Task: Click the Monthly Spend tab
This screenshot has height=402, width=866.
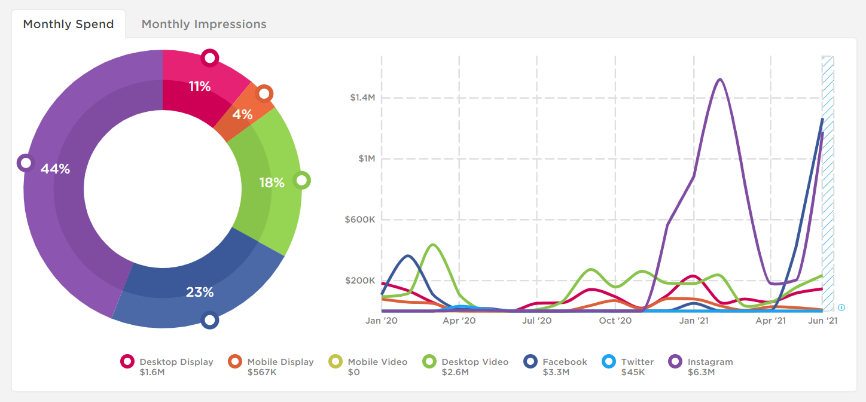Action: pos(68,25)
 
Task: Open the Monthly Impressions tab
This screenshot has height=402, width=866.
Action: pos(204,25)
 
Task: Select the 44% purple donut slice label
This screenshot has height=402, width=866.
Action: pos(55,169)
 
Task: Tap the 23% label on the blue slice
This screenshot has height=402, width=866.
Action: pos(200,292)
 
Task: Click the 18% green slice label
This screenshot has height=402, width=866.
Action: pos(272,183)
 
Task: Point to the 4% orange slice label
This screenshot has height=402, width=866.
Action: pos(242,114)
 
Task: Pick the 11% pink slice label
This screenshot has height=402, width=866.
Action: pos(200,87)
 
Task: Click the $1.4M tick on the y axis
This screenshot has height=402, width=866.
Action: pos(362,98)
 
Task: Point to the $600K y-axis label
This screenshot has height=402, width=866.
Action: pos(360,220)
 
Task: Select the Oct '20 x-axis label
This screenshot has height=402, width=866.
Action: pos(615,321)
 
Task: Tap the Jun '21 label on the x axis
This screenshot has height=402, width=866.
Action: pos(823,321)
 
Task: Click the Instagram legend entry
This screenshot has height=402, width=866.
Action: pos(710,362)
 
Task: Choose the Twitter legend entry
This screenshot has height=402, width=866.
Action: pos(637,362)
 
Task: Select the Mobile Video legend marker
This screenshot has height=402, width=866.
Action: pos(336,362)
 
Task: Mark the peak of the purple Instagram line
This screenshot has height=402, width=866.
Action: pos(720,79)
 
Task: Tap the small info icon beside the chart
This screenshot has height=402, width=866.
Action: pos(841,307)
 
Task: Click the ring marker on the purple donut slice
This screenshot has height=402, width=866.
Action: pos(25,162)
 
